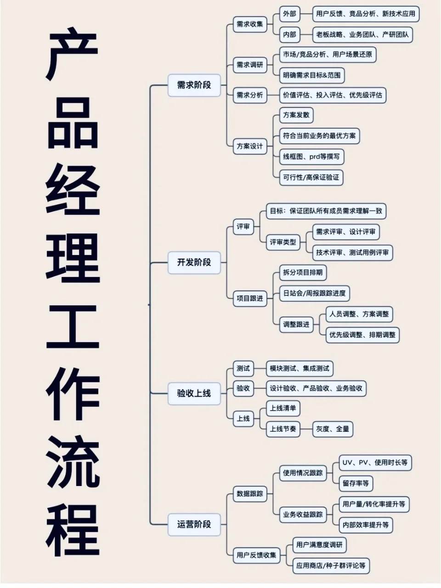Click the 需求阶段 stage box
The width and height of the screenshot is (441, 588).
[194, 85]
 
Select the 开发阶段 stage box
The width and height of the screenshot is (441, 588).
[194, 262]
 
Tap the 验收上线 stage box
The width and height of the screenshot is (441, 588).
[194, 393]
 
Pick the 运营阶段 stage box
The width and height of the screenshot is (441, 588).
[194, 524]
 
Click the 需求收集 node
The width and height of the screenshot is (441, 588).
[249, 24]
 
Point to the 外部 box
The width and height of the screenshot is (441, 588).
[289, 14]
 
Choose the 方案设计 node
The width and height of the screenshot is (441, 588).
[249, 147]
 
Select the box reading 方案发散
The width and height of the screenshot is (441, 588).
[296, 115]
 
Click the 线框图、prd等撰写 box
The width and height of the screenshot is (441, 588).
[311, 157]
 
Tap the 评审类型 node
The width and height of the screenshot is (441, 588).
[283, 242]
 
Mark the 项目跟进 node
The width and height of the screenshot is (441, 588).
[249, 299]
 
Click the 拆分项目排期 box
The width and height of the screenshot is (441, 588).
[303, 272]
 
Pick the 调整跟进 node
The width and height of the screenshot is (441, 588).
[296, 324]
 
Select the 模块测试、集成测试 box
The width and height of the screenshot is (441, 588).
[299, 368]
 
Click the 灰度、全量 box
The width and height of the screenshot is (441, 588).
[332, 429]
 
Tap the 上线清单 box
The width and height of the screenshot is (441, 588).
[283, 408]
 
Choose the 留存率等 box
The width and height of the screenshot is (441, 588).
[356, 483]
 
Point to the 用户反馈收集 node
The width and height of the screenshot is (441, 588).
[256, 555]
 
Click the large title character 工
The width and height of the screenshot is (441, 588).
[73, 327]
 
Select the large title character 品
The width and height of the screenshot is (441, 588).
[73, 124]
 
